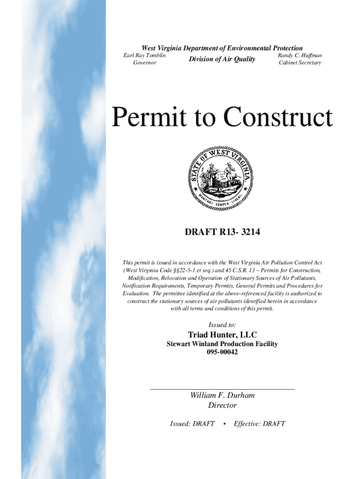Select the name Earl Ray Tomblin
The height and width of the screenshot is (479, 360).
click(x=144, y=56)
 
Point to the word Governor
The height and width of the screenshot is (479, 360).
click(x=144, y=63)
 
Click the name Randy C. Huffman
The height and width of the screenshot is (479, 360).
click(x=300, y=56)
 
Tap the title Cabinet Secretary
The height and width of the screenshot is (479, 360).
click(x=300, y=63)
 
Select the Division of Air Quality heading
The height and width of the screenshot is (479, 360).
click(x=222, y=59)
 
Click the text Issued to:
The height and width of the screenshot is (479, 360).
click(x=222, y=325)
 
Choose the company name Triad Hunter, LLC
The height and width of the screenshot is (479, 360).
click(x=222, y=335)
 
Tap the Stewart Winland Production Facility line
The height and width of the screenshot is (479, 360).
click(x=222, y=344)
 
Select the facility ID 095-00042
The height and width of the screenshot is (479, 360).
click(x=222, y=352)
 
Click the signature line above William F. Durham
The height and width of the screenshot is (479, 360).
click(x=222, y=389)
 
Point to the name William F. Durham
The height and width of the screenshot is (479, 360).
click(x=222, y=396)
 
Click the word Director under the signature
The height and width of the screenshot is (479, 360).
click(x=222, y=406)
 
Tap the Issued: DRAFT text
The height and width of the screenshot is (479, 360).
click(x=192, y=424)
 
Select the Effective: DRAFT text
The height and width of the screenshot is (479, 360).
click(x=259, y=424)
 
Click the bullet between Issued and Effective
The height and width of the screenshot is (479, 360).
click(x=225, y=424)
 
